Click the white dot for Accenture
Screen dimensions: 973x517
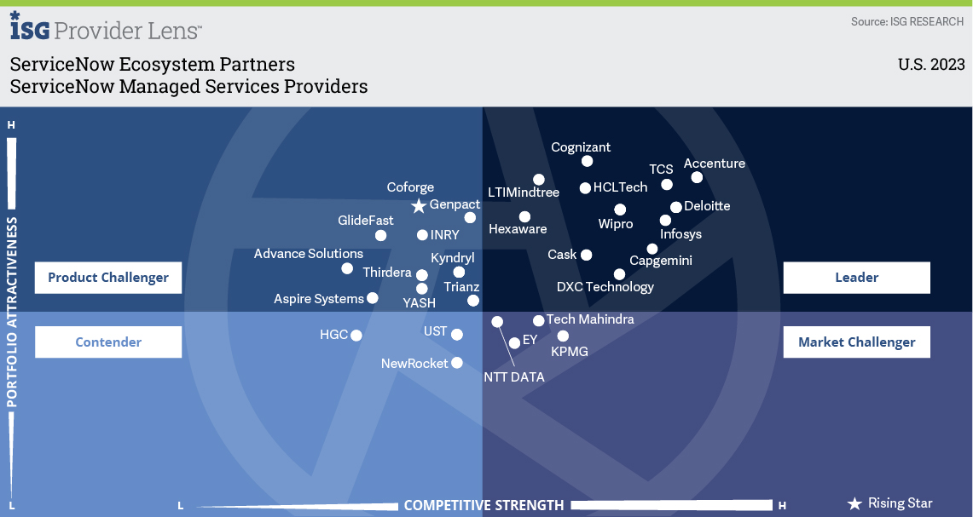coord(697,177)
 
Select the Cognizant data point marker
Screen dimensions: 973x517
coord(587,161)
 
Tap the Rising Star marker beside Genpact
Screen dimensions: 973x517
coord(419,206)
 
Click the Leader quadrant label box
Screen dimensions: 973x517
coord(856,277)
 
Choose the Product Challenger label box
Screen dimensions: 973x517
coord(108,277)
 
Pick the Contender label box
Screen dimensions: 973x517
coord(108,342)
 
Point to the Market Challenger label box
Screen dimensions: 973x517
coord(856,342)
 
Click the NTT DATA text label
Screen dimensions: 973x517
coord(514,377)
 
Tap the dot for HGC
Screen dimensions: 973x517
coord(356,336)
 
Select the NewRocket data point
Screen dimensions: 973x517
coord(457,363)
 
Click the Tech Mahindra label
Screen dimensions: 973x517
coord(590,319)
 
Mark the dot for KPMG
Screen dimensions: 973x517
coord(563,336)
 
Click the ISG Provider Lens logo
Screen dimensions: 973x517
coord(106,26)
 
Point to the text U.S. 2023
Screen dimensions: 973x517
coord(931,65)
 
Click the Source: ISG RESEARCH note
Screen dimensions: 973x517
coord(907,21)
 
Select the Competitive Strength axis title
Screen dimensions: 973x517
coord(484,505)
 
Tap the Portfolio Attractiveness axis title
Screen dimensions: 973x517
coord(12,312)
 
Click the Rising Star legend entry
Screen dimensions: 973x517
coord(889,503)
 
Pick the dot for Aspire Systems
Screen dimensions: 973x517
coord(373,298)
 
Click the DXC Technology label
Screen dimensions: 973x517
coord(605,287)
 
